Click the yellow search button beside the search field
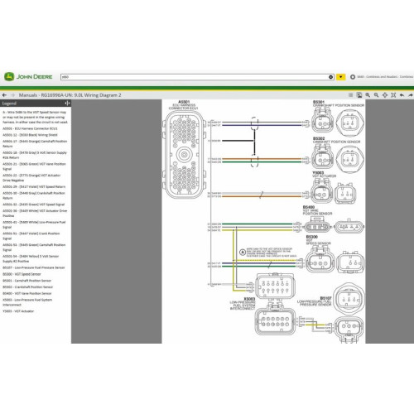tap(340, 75)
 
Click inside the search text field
tap(199, 75)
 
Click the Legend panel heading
tap(10, 103)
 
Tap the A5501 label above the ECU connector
tap(184, 102)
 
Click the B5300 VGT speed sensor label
tap(311, 237)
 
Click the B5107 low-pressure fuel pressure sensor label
tap(325, 296)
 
